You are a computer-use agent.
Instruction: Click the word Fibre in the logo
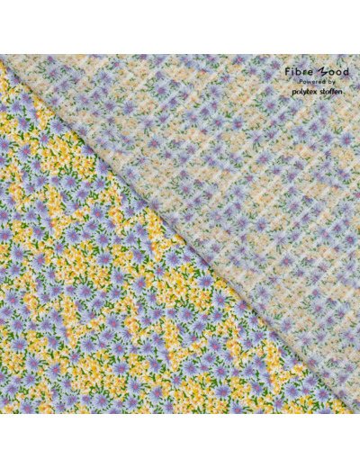(294, 71)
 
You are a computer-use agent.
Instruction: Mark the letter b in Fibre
(294, 71)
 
